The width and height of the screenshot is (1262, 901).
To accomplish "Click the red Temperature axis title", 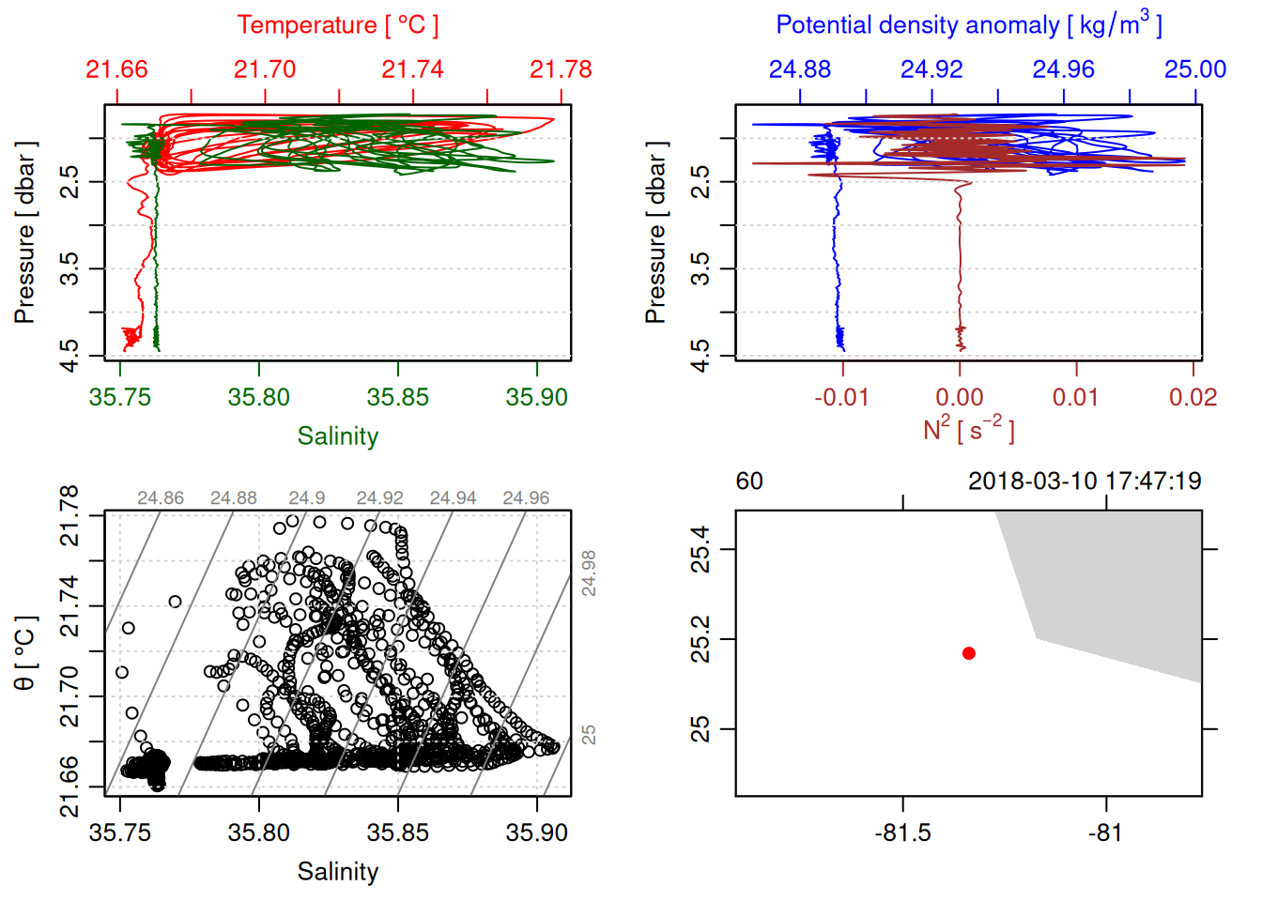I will (x=337, y=25).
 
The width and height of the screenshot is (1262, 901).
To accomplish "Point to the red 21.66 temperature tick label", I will (x=116, y=69).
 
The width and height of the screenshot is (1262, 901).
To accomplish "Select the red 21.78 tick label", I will (x=561, y=69).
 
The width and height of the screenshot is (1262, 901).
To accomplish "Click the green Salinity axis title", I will (x=337, y=436).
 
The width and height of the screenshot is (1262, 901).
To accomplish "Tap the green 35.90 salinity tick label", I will (x=536, y=397).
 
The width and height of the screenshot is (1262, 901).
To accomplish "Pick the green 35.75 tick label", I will (x=120, y=397).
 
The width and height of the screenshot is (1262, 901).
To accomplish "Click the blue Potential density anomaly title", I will (x=968, y=25).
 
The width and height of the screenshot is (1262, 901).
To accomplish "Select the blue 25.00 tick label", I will (x=1195, y=69).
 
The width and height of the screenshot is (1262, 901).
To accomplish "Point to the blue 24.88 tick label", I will (x=800, y=69).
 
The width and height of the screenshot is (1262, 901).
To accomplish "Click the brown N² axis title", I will (x=968, y=429).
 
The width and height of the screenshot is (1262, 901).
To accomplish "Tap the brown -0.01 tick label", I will (x=841, y=397).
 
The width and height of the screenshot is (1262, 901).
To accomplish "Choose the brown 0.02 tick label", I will (x=1193, y=397).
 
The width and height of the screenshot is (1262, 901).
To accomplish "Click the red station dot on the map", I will (x=969, y=653).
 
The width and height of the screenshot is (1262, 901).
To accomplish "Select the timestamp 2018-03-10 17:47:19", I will (x=1085, y=481).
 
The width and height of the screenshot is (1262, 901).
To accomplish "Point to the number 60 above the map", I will (x=749, y=481).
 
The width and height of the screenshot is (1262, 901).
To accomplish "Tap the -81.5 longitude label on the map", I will (x=902, y=832).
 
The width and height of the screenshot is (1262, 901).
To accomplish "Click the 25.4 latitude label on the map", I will (x=700, y=549).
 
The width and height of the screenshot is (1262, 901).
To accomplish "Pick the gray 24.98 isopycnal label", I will (x=589, y=573).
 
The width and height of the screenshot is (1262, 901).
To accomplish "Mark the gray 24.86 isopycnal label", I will (x=161, y=498).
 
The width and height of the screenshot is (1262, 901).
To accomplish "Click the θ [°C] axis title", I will (x=25, y=652).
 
